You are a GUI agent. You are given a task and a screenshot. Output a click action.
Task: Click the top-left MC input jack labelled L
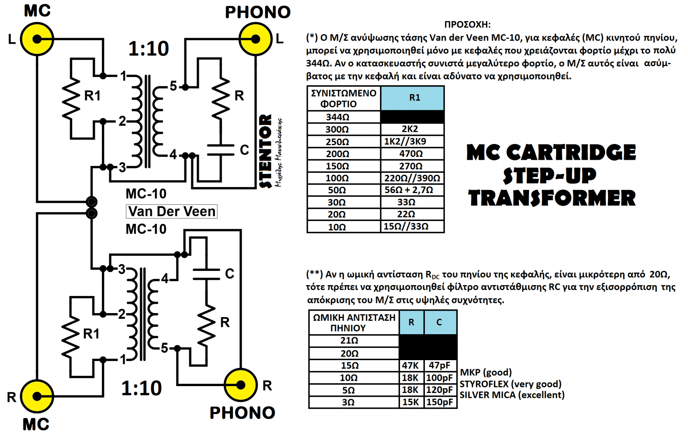37,39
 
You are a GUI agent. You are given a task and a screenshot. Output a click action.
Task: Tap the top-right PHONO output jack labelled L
255,39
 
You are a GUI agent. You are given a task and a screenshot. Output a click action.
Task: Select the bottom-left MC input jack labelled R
37,396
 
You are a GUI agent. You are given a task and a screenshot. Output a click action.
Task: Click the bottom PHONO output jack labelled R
241,385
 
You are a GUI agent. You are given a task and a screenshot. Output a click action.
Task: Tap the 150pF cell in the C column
440,402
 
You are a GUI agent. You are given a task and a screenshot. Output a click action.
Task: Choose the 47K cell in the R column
411,365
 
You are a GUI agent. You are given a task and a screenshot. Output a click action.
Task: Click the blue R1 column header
413,98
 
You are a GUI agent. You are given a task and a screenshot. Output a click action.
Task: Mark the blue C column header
440,322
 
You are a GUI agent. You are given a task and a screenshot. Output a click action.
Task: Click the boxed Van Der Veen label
172,211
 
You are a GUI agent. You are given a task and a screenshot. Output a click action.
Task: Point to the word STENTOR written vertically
265,151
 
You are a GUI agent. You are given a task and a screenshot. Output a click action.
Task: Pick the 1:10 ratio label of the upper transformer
148,49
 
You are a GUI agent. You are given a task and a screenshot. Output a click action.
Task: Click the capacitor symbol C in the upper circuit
221,150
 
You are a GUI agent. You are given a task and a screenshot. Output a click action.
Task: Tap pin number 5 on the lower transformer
164,348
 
